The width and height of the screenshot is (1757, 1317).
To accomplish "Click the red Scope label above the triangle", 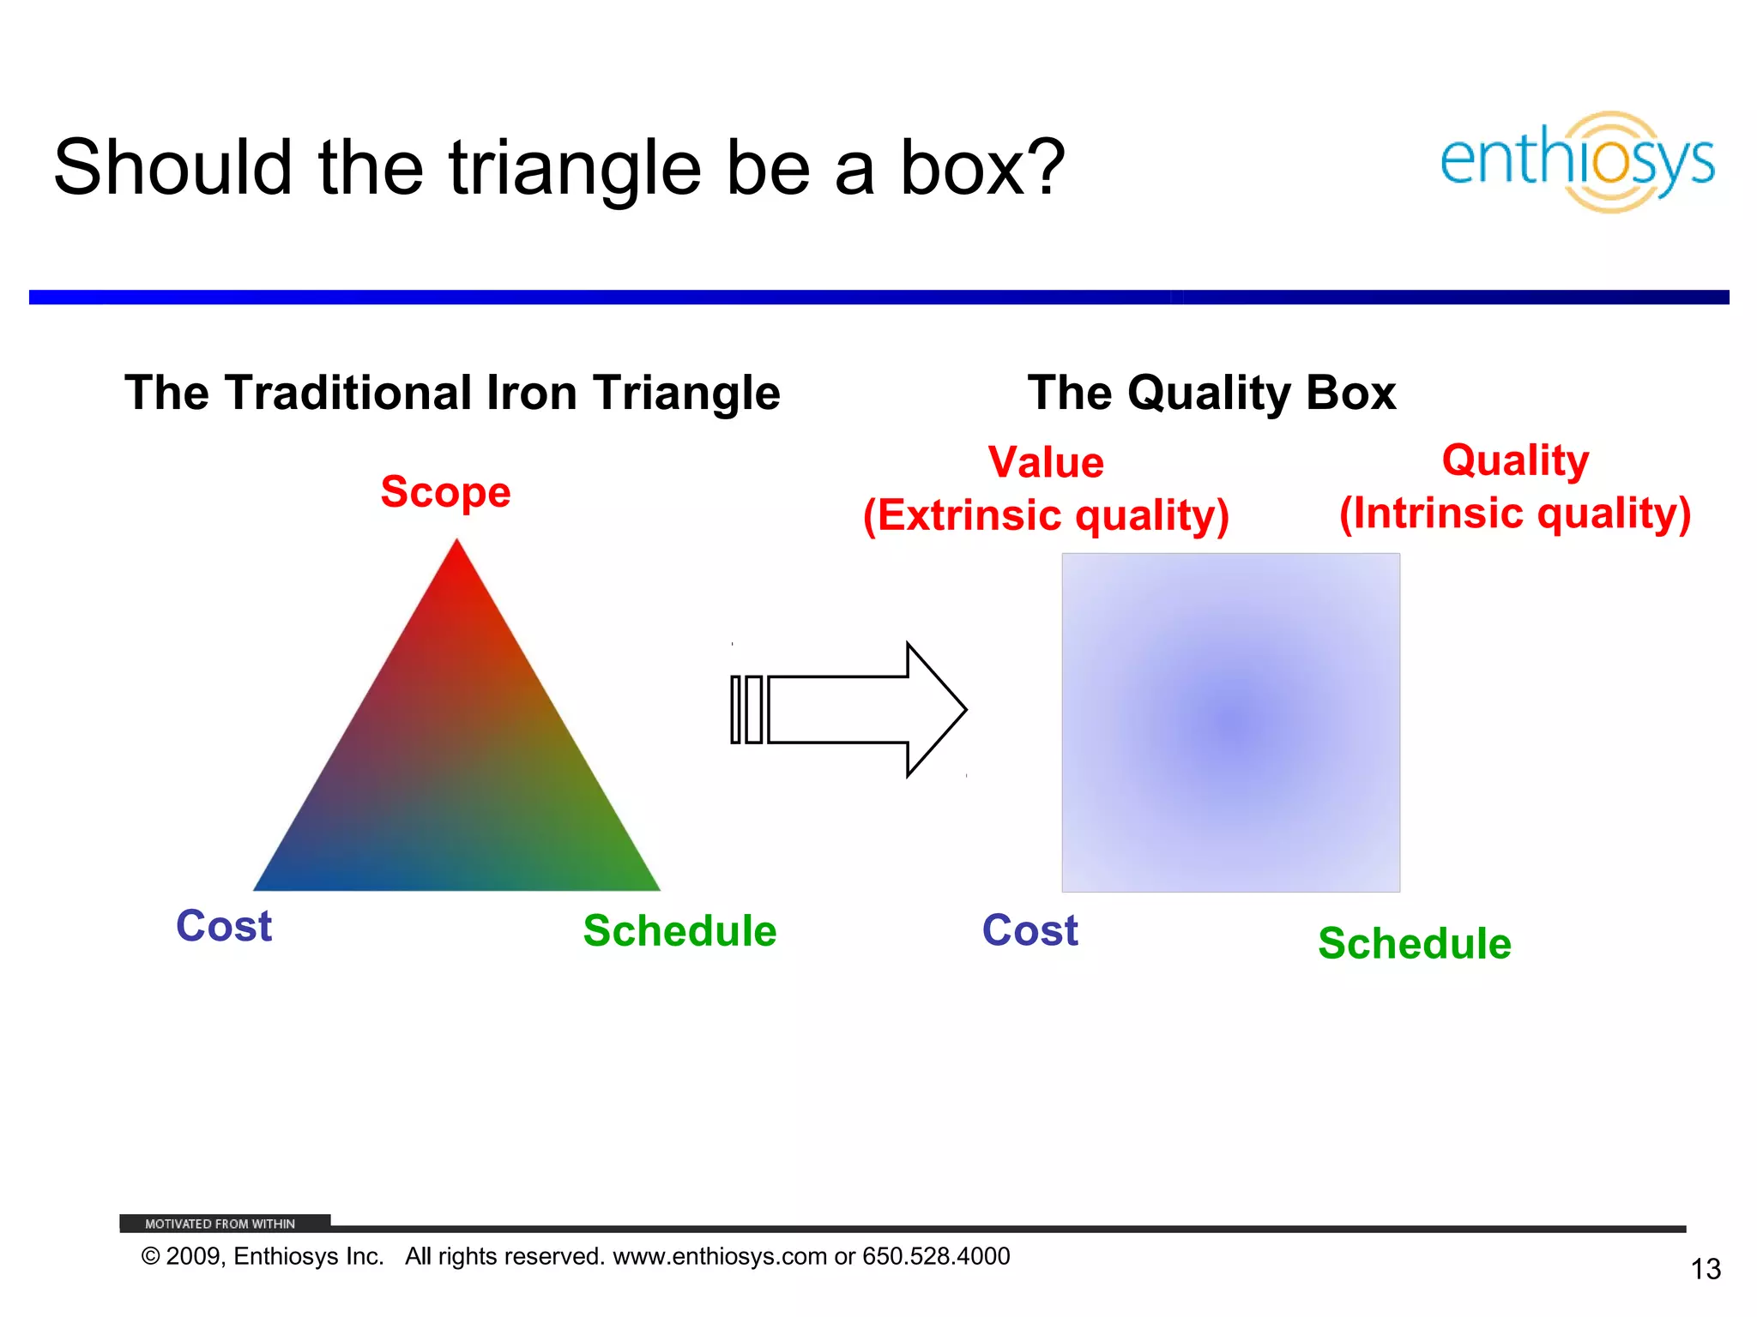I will click(445, 492).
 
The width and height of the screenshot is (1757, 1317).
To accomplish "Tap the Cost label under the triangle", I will click(224, 926).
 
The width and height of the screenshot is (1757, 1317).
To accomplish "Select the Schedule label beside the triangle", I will click(679, 931).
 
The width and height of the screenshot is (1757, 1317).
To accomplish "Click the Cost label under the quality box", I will click(1029, 930).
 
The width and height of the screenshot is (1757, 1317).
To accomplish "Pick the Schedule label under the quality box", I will click(1415, 944).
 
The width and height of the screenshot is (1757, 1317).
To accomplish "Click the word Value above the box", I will click(1046, 463).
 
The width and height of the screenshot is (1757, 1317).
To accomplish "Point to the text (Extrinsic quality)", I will click(1046, 516).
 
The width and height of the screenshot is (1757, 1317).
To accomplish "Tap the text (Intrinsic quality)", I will click(1515, 514).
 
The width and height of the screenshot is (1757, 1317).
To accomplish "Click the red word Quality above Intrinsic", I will click(1515, 460).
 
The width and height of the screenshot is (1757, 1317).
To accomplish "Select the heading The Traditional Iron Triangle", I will click(452, 394).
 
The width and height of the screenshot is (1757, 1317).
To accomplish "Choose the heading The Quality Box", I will click(1211, 394).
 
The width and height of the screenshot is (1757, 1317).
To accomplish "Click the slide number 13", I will click(1706, 1269).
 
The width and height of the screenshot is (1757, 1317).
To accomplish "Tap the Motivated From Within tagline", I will click(220, 1224).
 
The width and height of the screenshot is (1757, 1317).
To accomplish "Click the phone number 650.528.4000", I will click(936, 1256).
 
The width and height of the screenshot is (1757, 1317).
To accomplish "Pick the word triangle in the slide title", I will click(574, 168).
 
